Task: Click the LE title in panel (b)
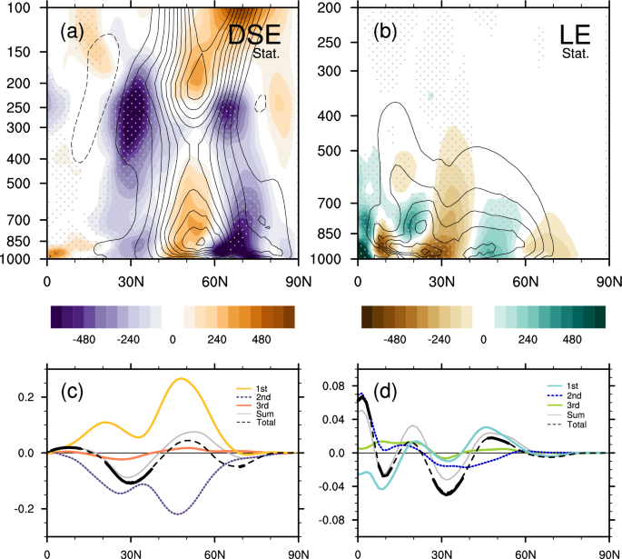576,36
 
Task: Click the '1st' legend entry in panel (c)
252,388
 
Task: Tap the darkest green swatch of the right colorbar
598,315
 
